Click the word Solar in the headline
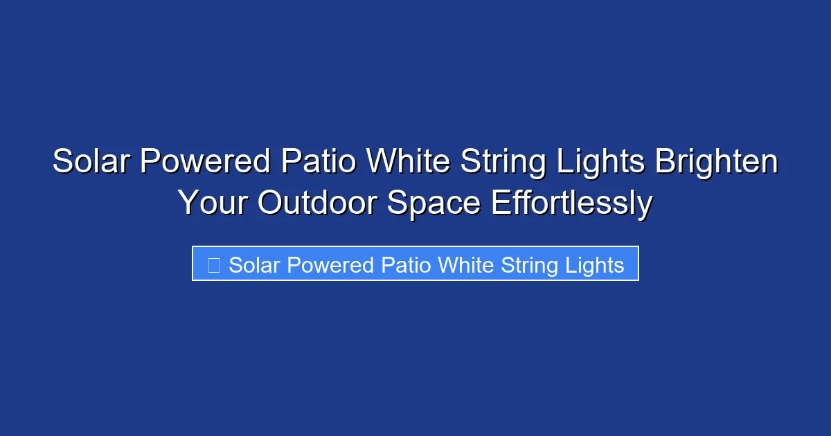coord(91,162)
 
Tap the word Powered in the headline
coord(206,162)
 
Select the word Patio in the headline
coord(320,162)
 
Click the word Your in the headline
coord(213,203)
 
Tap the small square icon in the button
coord(214,265)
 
